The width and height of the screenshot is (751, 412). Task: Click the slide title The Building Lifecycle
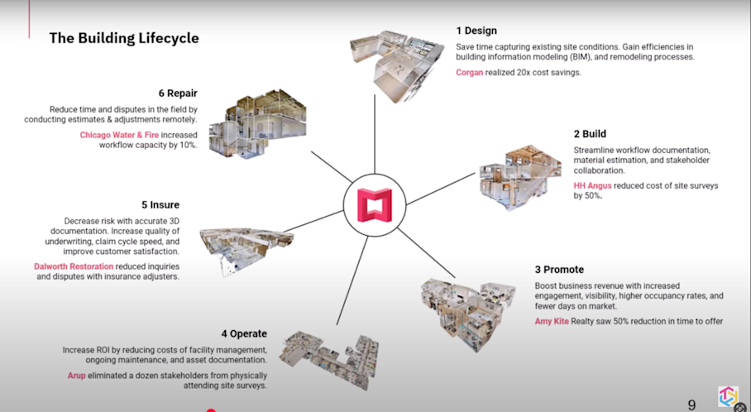[123, 38]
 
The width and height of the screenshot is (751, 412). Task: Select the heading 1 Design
[476, 31]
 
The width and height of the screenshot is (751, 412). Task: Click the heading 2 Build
[590, 133]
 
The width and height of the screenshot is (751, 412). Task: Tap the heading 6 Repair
[178, 93]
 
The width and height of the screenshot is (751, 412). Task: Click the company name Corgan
[471, 72]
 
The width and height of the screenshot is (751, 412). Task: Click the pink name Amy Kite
[552, 320]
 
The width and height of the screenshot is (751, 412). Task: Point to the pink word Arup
[78, 375]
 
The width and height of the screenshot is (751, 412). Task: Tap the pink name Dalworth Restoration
[84, 266]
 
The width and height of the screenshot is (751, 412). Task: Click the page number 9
[691, 405]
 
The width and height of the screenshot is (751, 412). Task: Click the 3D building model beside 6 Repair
[256, 124]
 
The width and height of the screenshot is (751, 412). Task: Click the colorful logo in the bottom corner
[728, 398]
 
